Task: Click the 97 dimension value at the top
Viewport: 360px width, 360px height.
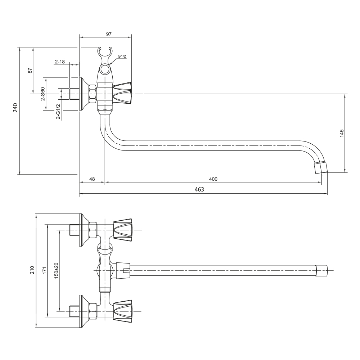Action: coord(109,34)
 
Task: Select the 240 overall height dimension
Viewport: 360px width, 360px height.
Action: coord(15,108)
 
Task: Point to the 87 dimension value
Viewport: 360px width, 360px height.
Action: coord(30,71)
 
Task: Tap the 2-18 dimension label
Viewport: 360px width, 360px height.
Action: coord(60,62)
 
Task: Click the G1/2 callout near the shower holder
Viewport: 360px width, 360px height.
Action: coord(122,57)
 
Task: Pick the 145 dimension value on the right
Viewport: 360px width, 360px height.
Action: coord(342,133)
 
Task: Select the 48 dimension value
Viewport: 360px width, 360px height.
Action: coord(92,179)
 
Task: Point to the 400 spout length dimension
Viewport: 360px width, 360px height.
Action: coord(213,179)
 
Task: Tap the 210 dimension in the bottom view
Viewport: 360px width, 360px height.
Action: coord(32,270)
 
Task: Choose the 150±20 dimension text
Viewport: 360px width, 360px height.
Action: coord(56,270)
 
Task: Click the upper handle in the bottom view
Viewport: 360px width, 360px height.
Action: coord(123,229)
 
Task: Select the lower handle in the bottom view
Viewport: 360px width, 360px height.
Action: coord(123,311)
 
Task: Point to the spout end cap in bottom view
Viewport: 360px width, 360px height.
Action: coord(321,270)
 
